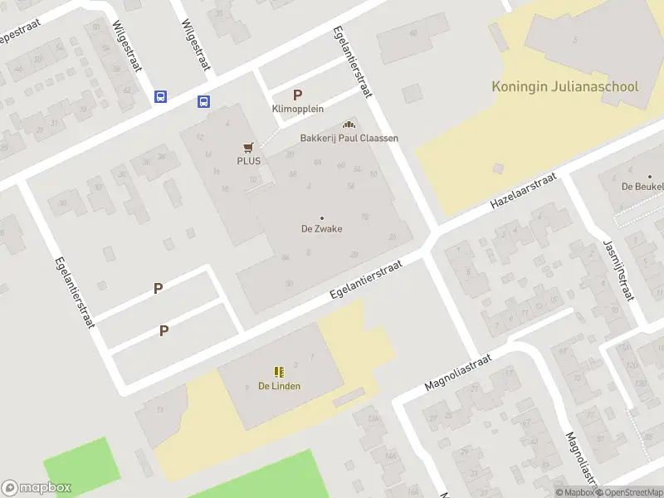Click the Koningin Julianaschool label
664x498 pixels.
point(564,86)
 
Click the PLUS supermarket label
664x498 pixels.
point(248,161)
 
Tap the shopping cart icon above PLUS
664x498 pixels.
point(247,148)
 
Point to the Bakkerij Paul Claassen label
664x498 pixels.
point(349,138)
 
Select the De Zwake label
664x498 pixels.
point(322,229)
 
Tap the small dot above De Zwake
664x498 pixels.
point(322,217)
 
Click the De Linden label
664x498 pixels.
point(279,386)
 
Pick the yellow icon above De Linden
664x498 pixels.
point(279,372)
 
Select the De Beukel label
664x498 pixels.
point(643,187)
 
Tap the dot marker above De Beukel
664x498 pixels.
point(650,176)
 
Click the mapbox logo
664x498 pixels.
point(37,488)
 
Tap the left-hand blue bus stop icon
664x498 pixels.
point(160,97)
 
